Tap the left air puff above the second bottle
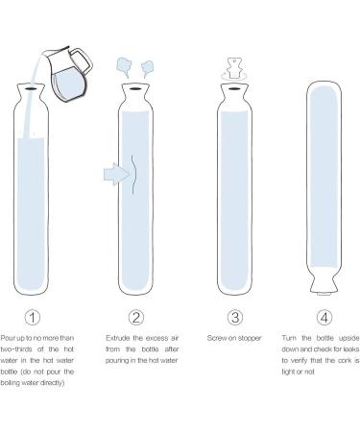tap(126, 65)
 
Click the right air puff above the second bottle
tap(147, 67)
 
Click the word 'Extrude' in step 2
tap(119, 339)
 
